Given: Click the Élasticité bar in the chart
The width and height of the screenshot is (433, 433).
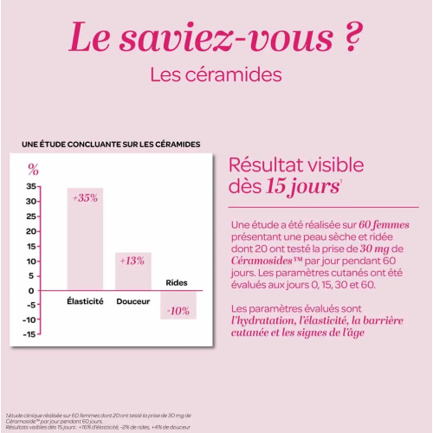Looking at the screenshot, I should click(x=85, y=238).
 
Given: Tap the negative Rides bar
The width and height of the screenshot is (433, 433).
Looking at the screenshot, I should click(x=178, y=305).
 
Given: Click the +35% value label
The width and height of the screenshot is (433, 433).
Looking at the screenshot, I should click(x=85, y=197).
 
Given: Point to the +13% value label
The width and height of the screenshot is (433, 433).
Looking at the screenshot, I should click(x=132, y=260).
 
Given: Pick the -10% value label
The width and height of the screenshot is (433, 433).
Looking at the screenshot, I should click(x=178, y=311).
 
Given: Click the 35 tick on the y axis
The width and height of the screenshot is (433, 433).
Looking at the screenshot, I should click(x=31, y=186).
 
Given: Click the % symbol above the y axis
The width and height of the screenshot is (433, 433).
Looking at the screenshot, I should click(x=33, y=169).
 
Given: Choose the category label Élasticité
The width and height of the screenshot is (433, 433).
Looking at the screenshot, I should click(x=85, y=301).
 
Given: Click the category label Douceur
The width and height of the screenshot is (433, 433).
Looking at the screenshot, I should click(x=132, y=301).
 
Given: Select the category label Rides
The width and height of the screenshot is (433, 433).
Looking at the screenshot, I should click(x=177, y=282).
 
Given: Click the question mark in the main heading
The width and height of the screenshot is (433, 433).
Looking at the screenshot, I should click(x=347, y=39).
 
